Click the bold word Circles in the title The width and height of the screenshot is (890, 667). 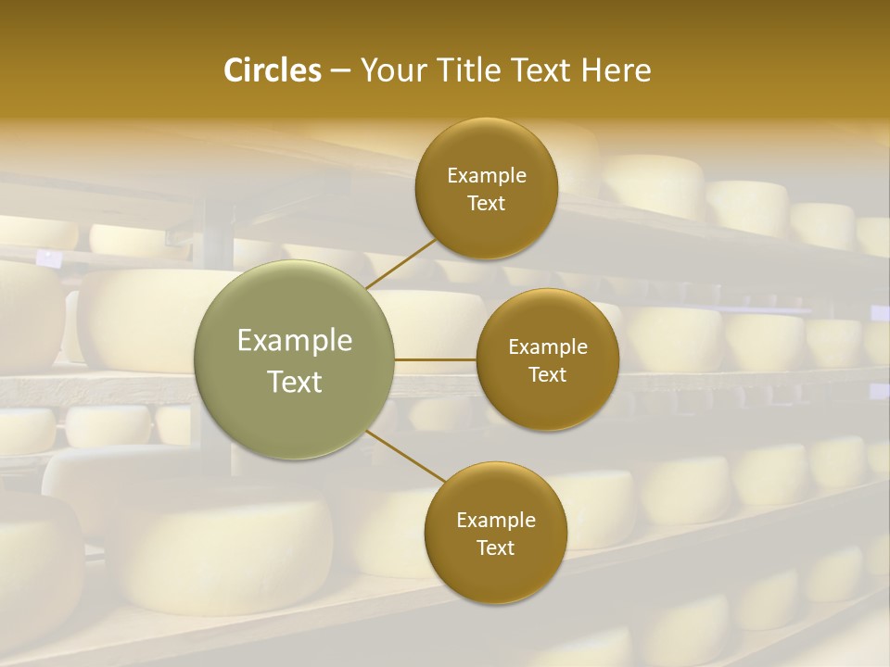pos(273,70)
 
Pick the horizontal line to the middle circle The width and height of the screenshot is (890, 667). pos(435,359)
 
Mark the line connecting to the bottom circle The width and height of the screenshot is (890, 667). pos(407,457)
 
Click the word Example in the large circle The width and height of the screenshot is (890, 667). pos(295,341)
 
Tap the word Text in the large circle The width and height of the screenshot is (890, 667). pos(295,382)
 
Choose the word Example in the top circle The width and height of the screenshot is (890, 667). pos(487,176)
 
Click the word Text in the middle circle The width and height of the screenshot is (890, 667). pos(547,374)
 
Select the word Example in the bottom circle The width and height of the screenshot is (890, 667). pos(496,521)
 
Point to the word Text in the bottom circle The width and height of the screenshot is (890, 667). pos(495,548)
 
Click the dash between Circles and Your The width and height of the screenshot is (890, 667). pos(340,71)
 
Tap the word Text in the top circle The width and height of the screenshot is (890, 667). pos(486,203)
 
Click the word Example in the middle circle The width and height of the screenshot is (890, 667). pos(548,347)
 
